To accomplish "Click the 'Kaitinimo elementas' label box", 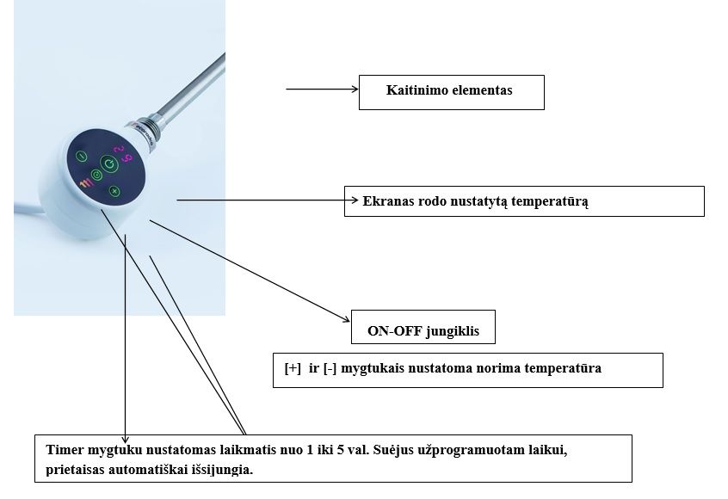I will (451, 91).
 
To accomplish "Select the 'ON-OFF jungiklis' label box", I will (423, 327).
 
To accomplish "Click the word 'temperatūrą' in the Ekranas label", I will (551, 201).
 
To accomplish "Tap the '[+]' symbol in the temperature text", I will (293, 368).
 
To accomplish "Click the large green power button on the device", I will (108, 163).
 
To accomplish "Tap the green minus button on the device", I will (81, 157).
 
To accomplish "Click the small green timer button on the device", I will (96, 176).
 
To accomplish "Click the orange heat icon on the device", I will (84, 182).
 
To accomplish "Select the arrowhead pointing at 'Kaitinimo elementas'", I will (353, 88).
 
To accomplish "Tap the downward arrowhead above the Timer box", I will (126, 439).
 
